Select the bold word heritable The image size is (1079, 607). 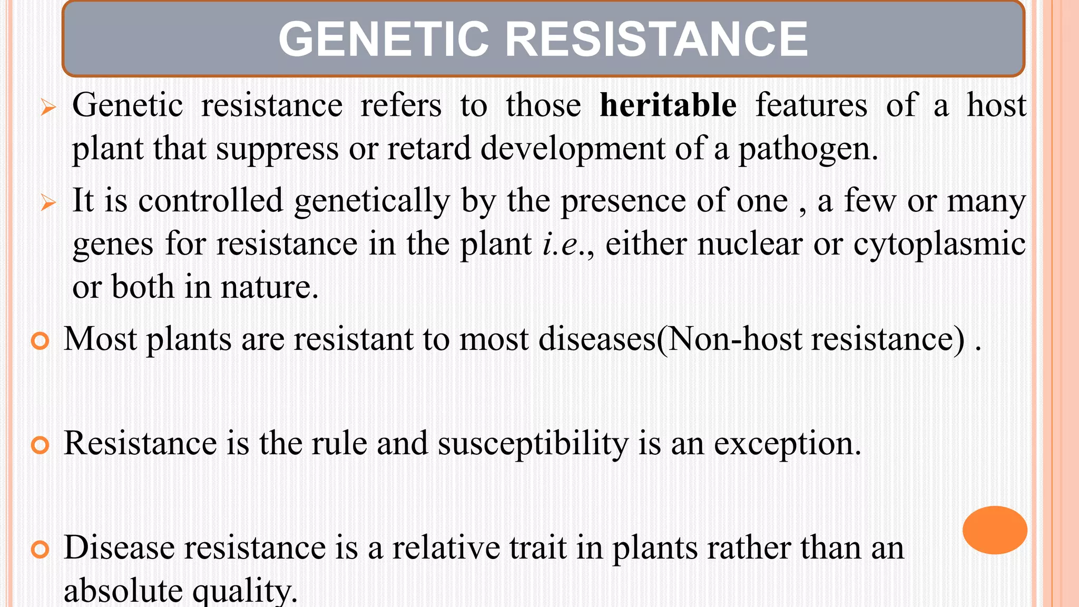point(668,105)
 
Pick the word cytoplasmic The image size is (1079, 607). point(939,244)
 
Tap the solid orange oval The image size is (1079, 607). point(995,530)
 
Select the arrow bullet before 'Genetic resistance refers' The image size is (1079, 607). point(48,108)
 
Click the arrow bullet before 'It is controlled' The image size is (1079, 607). point(48,203)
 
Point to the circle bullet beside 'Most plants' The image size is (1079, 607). point(40,341)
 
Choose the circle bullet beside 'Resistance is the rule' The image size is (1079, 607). point(40,445)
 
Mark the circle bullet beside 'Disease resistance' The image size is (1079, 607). point(40,550)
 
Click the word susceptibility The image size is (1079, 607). point(533,444)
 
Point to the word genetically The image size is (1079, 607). point(372,202)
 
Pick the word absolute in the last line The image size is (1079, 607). point(123,590)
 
